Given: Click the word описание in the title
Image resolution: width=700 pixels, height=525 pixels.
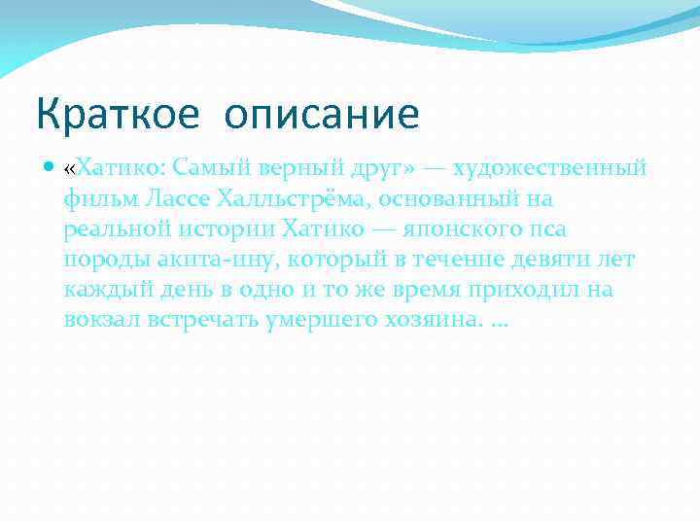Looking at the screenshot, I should point(322,115).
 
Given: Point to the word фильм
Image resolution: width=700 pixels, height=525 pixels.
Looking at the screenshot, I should point(101,200).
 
